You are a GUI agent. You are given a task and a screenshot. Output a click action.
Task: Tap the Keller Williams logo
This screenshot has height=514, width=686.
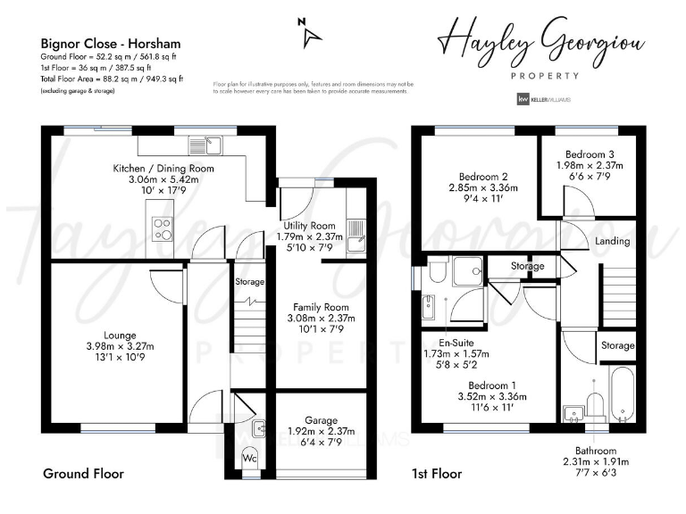click(x=544, y=100)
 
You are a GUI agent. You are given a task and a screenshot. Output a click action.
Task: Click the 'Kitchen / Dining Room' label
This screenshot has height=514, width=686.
click(x=163, y=168)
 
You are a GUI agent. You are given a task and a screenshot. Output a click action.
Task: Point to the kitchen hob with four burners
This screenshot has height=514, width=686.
click(x=163, y=229)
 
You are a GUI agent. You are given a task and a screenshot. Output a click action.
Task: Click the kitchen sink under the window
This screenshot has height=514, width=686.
click(x=206, y=145)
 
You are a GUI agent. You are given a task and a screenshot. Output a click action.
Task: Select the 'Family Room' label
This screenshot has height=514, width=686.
click(x=321, y=306)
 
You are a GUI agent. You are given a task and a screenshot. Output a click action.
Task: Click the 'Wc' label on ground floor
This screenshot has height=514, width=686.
click(x=251, y=459)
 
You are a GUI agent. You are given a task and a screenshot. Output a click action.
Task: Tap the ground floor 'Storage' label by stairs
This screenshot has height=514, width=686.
click(x=249, y=282)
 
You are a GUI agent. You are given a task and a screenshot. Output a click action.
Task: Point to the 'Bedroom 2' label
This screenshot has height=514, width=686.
click(x=483, y=176)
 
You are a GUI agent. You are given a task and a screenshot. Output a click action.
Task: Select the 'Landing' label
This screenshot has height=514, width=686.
click(x=612, y=241)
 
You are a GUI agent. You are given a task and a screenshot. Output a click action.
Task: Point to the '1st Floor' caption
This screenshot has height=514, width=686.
click(x=437, y=474)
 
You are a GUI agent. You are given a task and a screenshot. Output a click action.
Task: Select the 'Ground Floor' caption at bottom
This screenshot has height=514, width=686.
click(x=83, y=474)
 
